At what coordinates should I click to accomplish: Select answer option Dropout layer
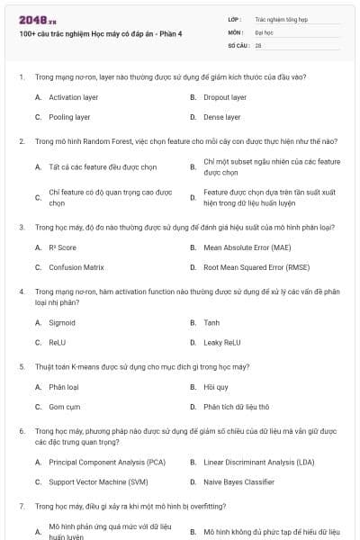[x=224, y=97]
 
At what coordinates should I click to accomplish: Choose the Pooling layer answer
[x=69, y=117]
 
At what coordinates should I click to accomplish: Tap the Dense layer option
[x=221, y=117]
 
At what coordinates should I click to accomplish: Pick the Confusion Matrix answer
[x=76, y=267]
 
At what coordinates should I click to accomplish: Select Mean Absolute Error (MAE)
[x=247, y=247]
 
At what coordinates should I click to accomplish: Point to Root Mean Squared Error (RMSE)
[x=256, y=267]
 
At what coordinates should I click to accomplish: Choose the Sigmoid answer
[x=62, y=322]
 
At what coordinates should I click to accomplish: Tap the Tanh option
[x=211, y=322]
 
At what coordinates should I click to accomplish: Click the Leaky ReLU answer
[x=221, y=342]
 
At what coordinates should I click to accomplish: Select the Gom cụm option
[x=64, y=407]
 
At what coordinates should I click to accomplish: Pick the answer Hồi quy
[x=215, y=387]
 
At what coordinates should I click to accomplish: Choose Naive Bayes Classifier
[x=238, y=481]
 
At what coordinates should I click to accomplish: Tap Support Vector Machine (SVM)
[x=98, y=481]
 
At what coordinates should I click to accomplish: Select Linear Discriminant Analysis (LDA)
[x=257, y=462]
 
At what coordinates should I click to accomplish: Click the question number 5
[x=21, y=366]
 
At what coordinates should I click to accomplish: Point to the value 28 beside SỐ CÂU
[x=258, y=44]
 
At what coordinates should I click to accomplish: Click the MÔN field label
[x=235, y=31]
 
